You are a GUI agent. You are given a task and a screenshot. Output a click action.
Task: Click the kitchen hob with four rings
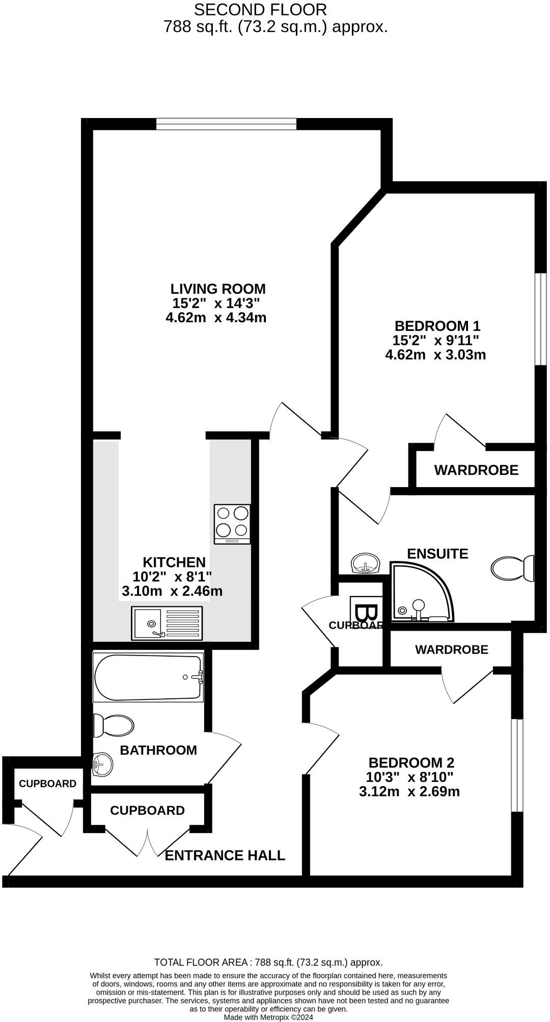[x=232, y=524]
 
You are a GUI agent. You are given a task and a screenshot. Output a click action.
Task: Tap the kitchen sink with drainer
[x=167, y=623]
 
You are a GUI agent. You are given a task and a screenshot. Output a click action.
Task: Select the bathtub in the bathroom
[x=148, y=677]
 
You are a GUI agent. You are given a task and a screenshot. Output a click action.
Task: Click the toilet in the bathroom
[x=114, y=725]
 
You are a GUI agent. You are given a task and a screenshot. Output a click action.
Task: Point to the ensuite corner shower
[x=420, y=592]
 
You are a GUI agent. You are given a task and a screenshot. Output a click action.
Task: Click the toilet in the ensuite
[x=512, y=568]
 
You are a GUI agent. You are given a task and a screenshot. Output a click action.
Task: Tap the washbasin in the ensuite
[x=366, y=563]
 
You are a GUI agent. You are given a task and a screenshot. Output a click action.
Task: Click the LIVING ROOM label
[x=218, y=289]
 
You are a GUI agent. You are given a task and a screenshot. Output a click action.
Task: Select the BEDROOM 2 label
[x=411, y=762]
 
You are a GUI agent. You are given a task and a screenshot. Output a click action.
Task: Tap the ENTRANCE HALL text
[x=225, y=855]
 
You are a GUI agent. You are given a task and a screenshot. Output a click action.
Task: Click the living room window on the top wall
[x=226, y=124]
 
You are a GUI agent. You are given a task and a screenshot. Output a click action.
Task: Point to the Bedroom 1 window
[x=540, y=319]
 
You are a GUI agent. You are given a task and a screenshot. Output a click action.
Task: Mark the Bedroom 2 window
[x=517, y=765]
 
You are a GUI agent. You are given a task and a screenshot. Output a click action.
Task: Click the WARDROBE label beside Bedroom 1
[x=476, y=470]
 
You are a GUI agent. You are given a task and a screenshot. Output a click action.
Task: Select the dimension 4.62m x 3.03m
[x=435, y=355]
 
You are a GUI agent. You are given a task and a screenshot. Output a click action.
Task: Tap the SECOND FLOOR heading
[x=260, y=9]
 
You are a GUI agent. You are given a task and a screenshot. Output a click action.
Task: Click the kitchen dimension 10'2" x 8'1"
[x=172, y=577]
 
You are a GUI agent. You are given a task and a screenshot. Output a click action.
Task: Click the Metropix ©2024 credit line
[x=268, y=1017]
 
